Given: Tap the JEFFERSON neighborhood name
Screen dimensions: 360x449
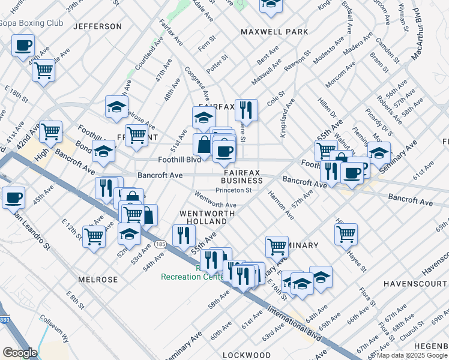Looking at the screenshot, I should [x=97, y=26].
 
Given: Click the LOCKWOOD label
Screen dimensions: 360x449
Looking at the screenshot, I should [x=247, y=355].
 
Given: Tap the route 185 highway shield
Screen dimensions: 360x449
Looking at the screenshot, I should [x=160, y=245].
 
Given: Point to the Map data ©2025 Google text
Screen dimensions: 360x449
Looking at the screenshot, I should [x=411, y=355].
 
